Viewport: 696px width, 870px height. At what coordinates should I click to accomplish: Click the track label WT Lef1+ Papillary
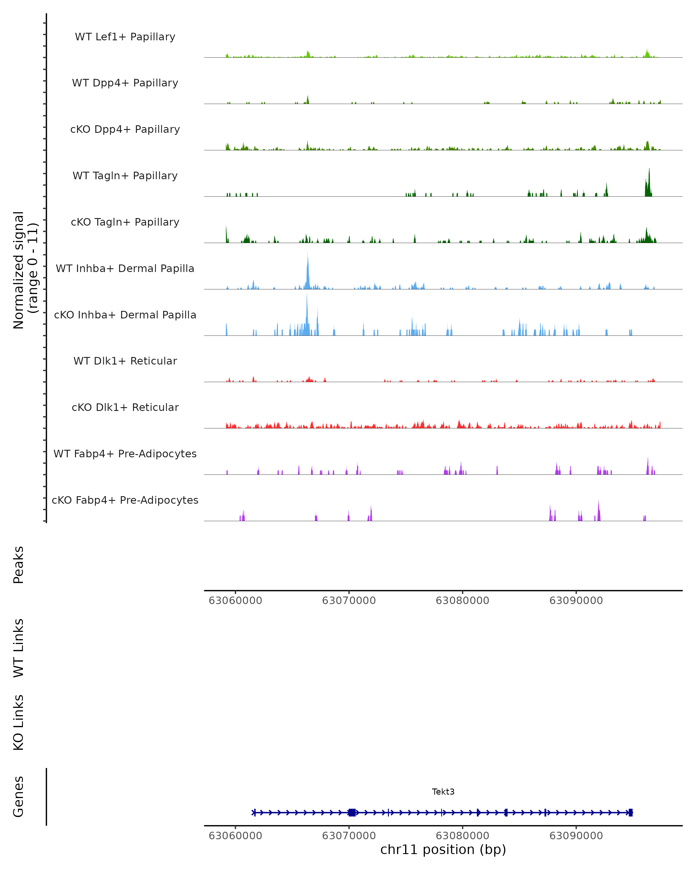[x=125, y=37]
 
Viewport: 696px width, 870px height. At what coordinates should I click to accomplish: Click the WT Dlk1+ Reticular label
[x=125, y=361]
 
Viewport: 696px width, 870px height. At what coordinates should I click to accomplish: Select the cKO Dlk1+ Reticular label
[x=125, y=407]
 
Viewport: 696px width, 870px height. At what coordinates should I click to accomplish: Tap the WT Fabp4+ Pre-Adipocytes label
[x=125, y=454]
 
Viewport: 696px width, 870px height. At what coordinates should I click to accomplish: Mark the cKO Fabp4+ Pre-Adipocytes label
[x=125, y=500]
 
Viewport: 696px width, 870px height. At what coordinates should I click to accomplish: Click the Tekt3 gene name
[x=443, y=792]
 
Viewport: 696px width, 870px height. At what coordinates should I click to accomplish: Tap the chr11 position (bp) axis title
[x=443, y=849]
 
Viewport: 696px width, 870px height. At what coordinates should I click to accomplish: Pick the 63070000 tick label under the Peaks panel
[x=349, y=601]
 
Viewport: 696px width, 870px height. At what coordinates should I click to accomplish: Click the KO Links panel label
[x=19, y=722]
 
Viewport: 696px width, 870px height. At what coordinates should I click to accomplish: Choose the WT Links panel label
[x=19, y=648]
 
